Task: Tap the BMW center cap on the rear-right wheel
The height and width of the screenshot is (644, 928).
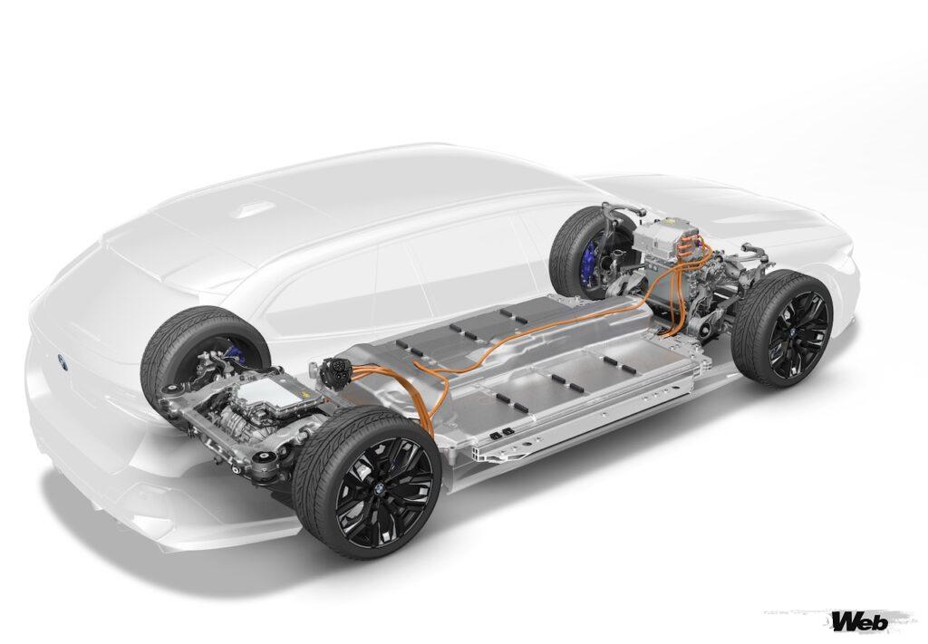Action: [x=375, y=490]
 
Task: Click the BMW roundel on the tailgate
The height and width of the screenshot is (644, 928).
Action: [x=62, y=360]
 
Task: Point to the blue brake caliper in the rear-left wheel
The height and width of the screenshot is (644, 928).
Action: [x=233, y=354]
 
